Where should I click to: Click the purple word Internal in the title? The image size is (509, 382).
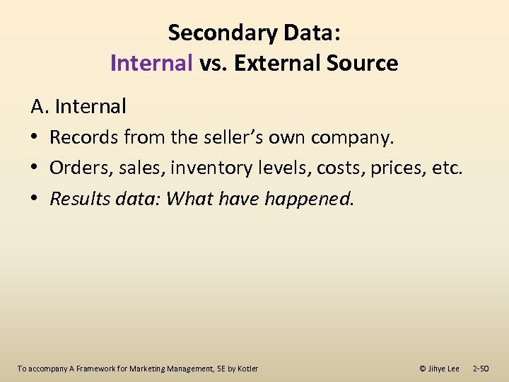point(151,63)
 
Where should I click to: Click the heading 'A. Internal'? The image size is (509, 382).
point(78,107)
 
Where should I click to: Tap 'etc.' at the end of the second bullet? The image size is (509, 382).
point(447,168)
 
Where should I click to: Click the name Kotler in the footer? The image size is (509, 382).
point(247,369)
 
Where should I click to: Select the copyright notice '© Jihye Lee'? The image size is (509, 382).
point(439,369)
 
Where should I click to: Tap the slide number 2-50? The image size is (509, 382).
point(486,369)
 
